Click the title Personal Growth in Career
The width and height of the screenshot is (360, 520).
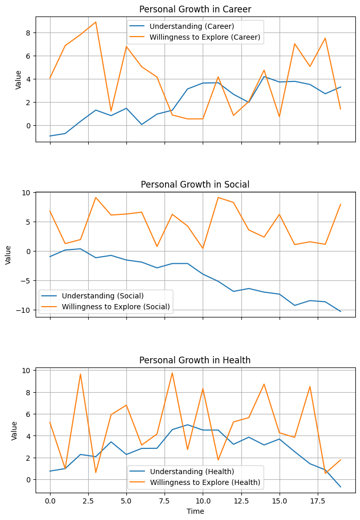[195, 9]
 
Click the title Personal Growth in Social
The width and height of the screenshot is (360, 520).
[195, 184]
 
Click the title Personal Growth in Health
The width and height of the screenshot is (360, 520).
[195, 360]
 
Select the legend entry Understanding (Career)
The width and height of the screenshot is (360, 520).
[183, 26]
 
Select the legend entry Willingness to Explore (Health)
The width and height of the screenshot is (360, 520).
[206, 482]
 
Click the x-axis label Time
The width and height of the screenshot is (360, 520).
[195, 511]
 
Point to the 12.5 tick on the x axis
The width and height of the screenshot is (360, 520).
[241, 500]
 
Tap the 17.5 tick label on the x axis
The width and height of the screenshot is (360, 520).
[318, 500]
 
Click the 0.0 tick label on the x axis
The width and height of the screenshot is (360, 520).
[50, 500]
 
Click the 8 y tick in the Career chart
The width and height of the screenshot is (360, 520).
[29, 32]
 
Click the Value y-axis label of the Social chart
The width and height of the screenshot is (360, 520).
[9, 255]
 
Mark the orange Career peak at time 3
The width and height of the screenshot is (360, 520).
[96, 22]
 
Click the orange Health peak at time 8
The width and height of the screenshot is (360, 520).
[172, 373]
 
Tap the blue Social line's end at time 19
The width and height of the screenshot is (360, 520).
[340, 311]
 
